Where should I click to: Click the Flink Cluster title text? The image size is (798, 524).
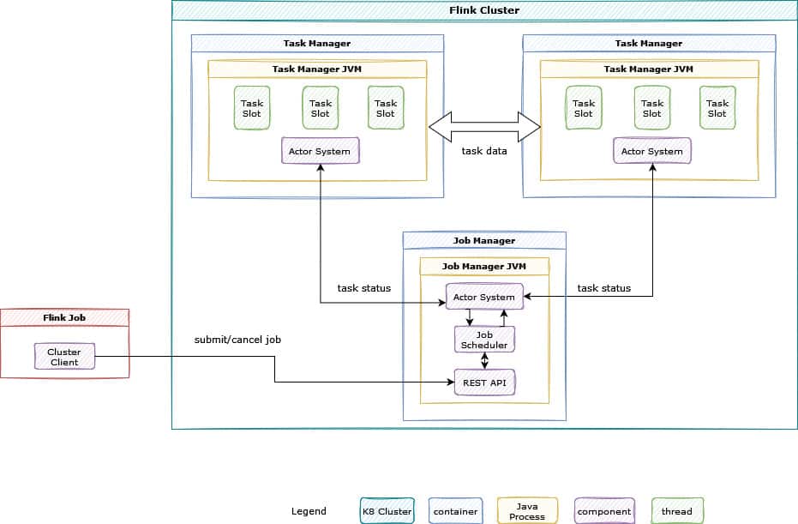[484, 10]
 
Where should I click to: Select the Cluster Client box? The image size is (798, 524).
[64, 357]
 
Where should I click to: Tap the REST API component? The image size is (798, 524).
[484, 382]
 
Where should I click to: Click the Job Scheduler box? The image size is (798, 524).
[484, 340]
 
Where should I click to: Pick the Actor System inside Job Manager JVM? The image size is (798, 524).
[484, 297]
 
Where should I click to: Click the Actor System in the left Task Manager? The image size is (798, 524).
[320, 151]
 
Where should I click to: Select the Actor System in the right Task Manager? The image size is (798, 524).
[651, 151]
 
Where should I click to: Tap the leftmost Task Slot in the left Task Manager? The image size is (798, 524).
[252, 108]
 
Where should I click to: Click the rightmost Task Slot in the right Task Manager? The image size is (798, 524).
[717, 108]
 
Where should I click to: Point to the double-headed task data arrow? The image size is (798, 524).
[484, 128]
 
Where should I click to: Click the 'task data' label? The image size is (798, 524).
[484, 151]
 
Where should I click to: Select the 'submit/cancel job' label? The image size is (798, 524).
[237, 340]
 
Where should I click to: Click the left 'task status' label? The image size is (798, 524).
[363, 288]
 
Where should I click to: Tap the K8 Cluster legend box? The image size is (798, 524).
[387, 511]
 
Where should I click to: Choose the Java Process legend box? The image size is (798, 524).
[527, 511]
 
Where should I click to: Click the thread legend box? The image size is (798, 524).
[677, 511]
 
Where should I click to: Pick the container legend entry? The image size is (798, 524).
[454, 511]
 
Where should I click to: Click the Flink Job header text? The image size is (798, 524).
[64, 317]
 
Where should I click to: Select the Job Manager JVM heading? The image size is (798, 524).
[484, 267]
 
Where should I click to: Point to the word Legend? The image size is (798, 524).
[309, 511]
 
